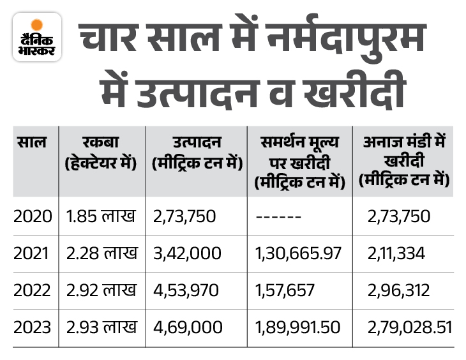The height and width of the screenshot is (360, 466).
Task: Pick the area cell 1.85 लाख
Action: (x=101, y=217)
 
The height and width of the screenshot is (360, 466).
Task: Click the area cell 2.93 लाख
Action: (x=101, y=327)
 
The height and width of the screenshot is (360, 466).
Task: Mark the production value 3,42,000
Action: (x=188, y=253)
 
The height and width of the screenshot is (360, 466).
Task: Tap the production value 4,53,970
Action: (x=188, y=290)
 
